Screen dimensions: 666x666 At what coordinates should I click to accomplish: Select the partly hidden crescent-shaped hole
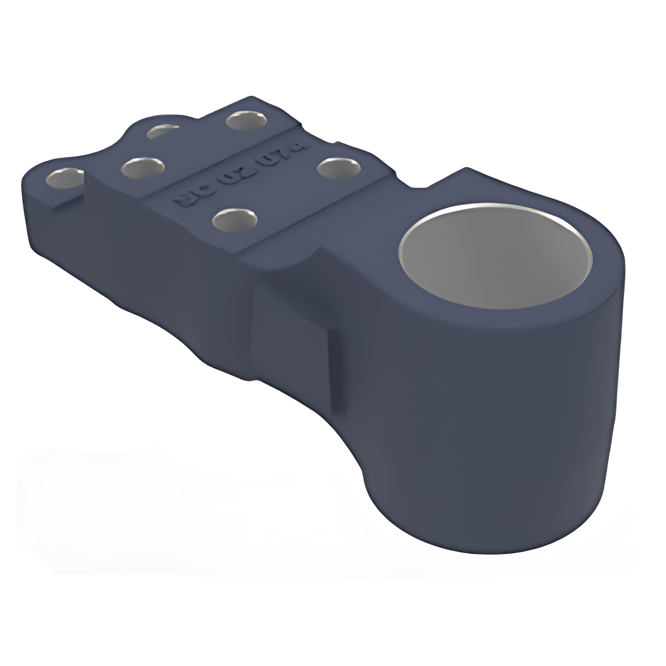163,131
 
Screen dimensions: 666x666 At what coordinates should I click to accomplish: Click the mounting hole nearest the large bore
338,168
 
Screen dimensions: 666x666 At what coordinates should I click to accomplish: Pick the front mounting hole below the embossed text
235,219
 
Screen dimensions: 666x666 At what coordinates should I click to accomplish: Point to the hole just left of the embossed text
142,168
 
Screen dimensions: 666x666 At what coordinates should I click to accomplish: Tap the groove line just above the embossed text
222,159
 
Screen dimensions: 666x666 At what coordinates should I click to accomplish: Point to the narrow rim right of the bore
607,270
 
